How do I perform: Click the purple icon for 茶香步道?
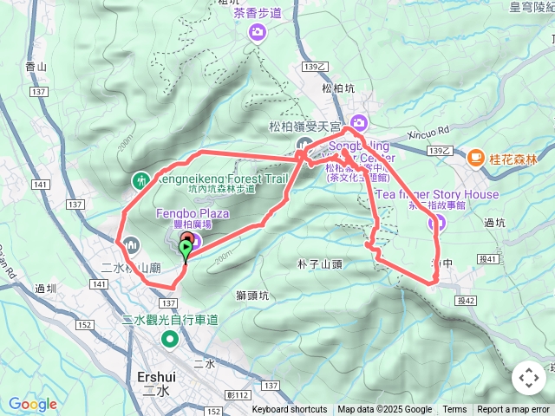tap(258, 33)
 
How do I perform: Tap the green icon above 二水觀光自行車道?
tap(170, 337)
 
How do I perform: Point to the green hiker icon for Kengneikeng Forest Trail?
tap(140, 180)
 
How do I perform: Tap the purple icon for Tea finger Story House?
tap(438, 224)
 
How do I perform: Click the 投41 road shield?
tap(489, 258)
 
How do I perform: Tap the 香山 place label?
tap(36, 66)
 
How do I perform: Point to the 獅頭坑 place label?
tap(252, 296)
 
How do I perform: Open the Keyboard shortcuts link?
tap(290, 410)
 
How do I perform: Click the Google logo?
tap(33, 404)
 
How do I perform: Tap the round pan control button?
tap(528, 378)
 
